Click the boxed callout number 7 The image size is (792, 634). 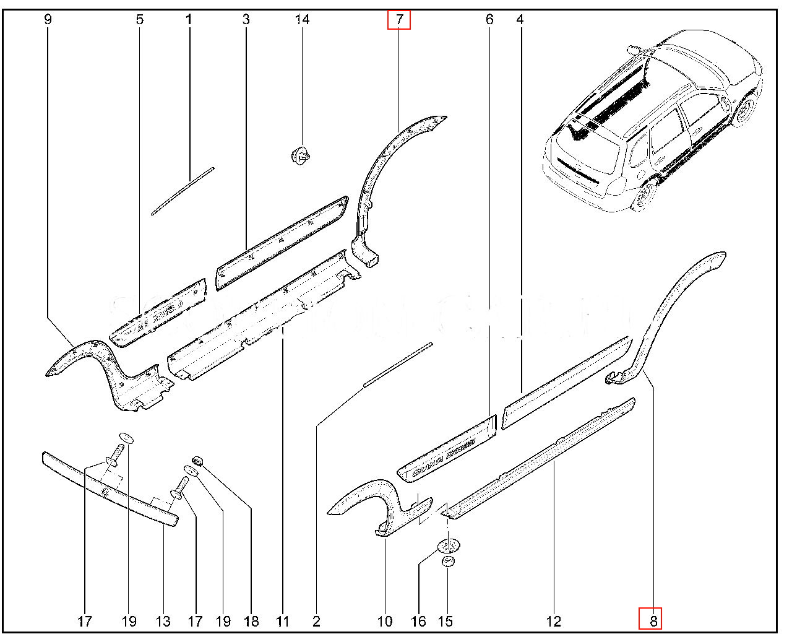pos(399,20)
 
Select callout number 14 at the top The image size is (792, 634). pos(301,20)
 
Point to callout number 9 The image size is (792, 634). pos(48,20)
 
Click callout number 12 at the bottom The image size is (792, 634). pos(554,621)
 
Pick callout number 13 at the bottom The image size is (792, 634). pos(163,621)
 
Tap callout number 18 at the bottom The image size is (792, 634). pos(251,621)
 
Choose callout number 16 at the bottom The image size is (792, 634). pos(418,621)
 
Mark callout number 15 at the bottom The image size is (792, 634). pos(445,621)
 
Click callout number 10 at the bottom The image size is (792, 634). pos(385,621)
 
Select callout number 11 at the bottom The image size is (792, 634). pos(283,621)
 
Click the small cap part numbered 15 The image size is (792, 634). pos(447,562)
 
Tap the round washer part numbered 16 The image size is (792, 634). pos(449,545)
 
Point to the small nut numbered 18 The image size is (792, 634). pos(199,461)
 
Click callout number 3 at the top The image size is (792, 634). pos(246,20)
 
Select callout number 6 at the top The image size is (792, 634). pos(489,20)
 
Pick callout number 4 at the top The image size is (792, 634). pos(520,20)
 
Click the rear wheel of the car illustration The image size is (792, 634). pos(643,196)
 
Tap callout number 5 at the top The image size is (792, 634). pos(140,20)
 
